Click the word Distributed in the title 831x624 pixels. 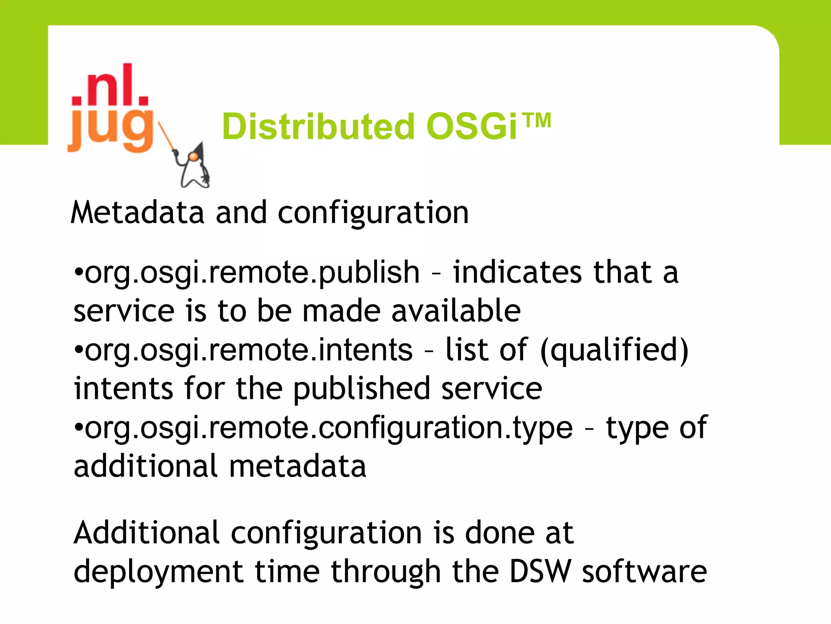coord(319,127)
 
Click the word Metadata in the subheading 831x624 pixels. coord(137,213)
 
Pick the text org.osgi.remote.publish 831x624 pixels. coord(252,273)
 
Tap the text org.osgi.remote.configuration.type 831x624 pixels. coord(329,428)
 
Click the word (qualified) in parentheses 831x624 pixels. coord(614,350)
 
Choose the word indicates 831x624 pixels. coord(518,273)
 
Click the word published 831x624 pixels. coord(362,389)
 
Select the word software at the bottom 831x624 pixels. coord(645,572)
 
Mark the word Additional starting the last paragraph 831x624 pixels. coord(146,533)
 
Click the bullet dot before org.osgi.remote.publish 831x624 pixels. coord(79,271)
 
